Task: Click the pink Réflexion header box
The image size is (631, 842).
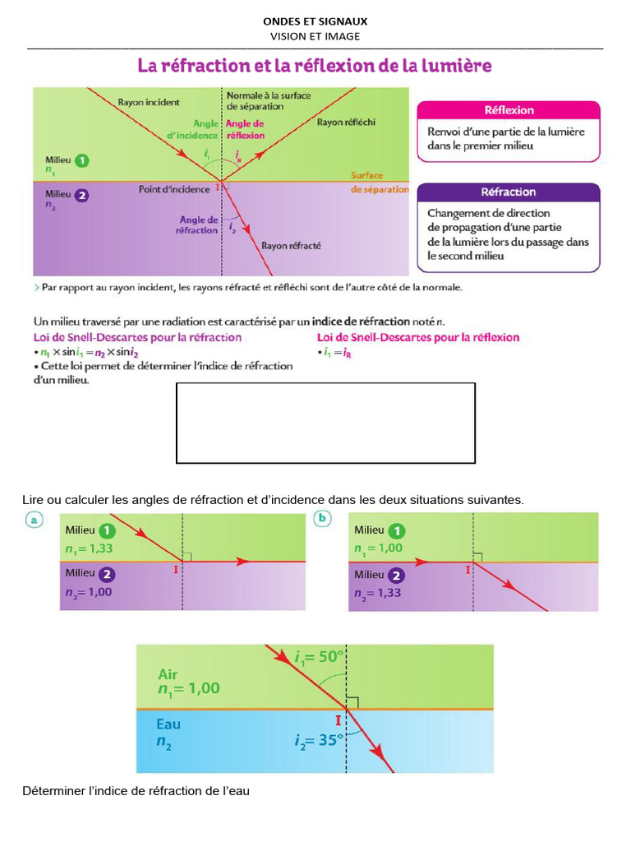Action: pos(509,110)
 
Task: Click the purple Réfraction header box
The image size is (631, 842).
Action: pos(509,192)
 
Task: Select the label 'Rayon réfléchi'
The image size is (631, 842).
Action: pos(346,123)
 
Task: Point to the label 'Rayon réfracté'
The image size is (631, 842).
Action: pos(291,245)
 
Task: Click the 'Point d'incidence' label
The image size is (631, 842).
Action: pos(173,189)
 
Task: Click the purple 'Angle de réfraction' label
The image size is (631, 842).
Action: pos(198,225)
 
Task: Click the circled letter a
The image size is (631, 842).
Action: pos(34,520)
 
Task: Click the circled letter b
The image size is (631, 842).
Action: pos(323,519)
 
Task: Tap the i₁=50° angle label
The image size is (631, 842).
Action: pos(318,657)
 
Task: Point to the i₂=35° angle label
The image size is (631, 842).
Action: pos(318,739)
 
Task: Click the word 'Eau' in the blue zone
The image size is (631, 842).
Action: pos(168,724)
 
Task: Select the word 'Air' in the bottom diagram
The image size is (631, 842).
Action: pos(168,673)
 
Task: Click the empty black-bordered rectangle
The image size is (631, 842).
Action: pos(325,423)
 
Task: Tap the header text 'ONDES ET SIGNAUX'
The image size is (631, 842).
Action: pos(315,21)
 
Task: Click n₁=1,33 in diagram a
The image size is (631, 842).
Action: pos(89,548)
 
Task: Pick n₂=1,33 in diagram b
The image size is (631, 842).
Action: pos(378,593)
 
